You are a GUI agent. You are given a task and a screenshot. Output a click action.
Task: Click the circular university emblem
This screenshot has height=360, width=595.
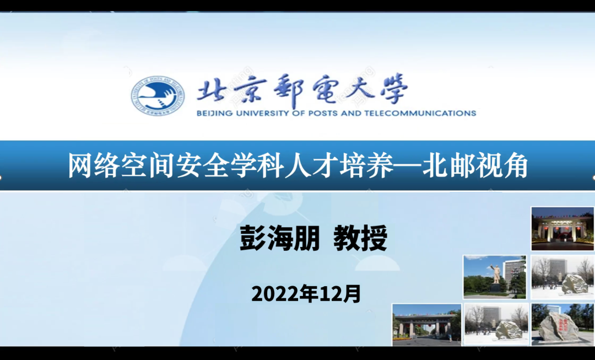pyautogui.click(x=158, y=95)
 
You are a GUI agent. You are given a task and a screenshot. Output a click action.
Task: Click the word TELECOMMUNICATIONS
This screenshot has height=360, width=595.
pyautogui.click(x=420, y=113)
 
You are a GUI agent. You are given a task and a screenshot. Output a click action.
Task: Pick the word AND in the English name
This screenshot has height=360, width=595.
pyautogui.click(x=351, y=113)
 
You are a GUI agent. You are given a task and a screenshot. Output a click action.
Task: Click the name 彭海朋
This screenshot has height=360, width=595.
pyautogui.click(x=280, y=238)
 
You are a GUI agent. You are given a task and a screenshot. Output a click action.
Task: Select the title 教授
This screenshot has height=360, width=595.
pyautogui.click(x=360, y=238)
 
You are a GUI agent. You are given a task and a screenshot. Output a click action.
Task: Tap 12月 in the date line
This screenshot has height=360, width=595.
pyautogui.click(x=340, y=294)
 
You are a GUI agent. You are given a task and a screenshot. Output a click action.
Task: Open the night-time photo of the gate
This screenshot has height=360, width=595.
pyautogui.click(x=562, y=229)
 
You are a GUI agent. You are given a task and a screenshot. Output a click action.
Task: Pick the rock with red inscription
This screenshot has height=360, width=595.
pyautogui.click(x=558, y=326)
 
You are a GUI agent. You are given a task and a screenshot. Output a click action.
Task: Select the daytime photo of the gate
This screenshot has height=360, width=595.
pyautogui.click(x=426, y=325)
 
